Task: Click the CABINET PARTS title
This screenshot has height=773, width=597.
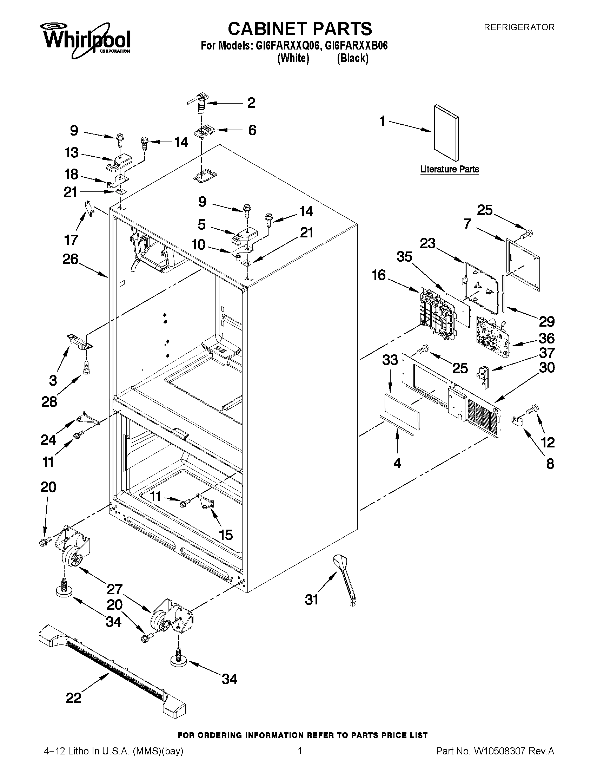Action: click(x=299, y=28)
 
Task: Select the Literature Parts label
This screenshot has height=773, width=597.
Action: click(x=449, y=169)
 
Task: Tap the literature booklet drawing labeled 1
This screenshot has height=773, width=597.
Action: click(x=446, y=132)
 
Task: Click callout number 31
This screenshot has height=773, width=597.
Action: click(x=311, y=599)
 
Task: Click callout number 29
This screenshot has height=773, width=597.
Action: click(x=546, y=322)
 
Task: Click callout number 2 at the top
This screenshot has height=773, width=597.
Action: click(x=251, y=103)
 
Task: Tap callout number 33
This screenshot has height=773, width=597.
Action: click(x=390, y=360)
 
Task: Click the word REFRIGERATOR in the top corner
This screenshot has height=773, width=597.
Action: click(x=519, y=27)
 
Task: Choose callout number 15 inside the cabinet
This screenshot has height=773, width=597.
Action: click(x=226, y=535)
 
